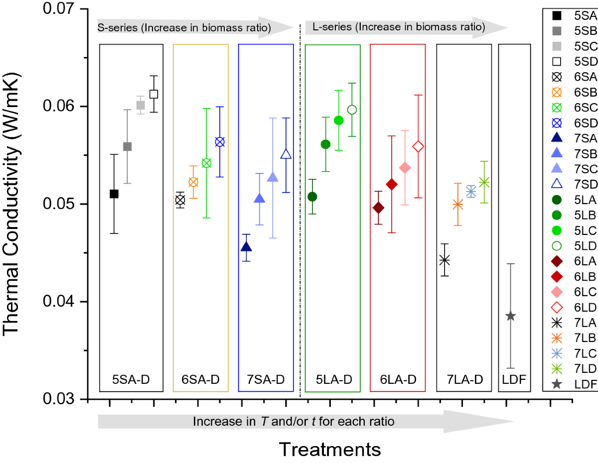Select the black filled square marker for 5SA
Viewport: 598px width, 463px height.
[x=114, y=194]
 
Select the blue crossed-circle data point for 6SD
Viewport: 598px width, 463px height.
[x=220, y=142]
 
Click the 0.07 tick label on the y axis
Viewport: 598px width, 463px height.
[x=60, y=9]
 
